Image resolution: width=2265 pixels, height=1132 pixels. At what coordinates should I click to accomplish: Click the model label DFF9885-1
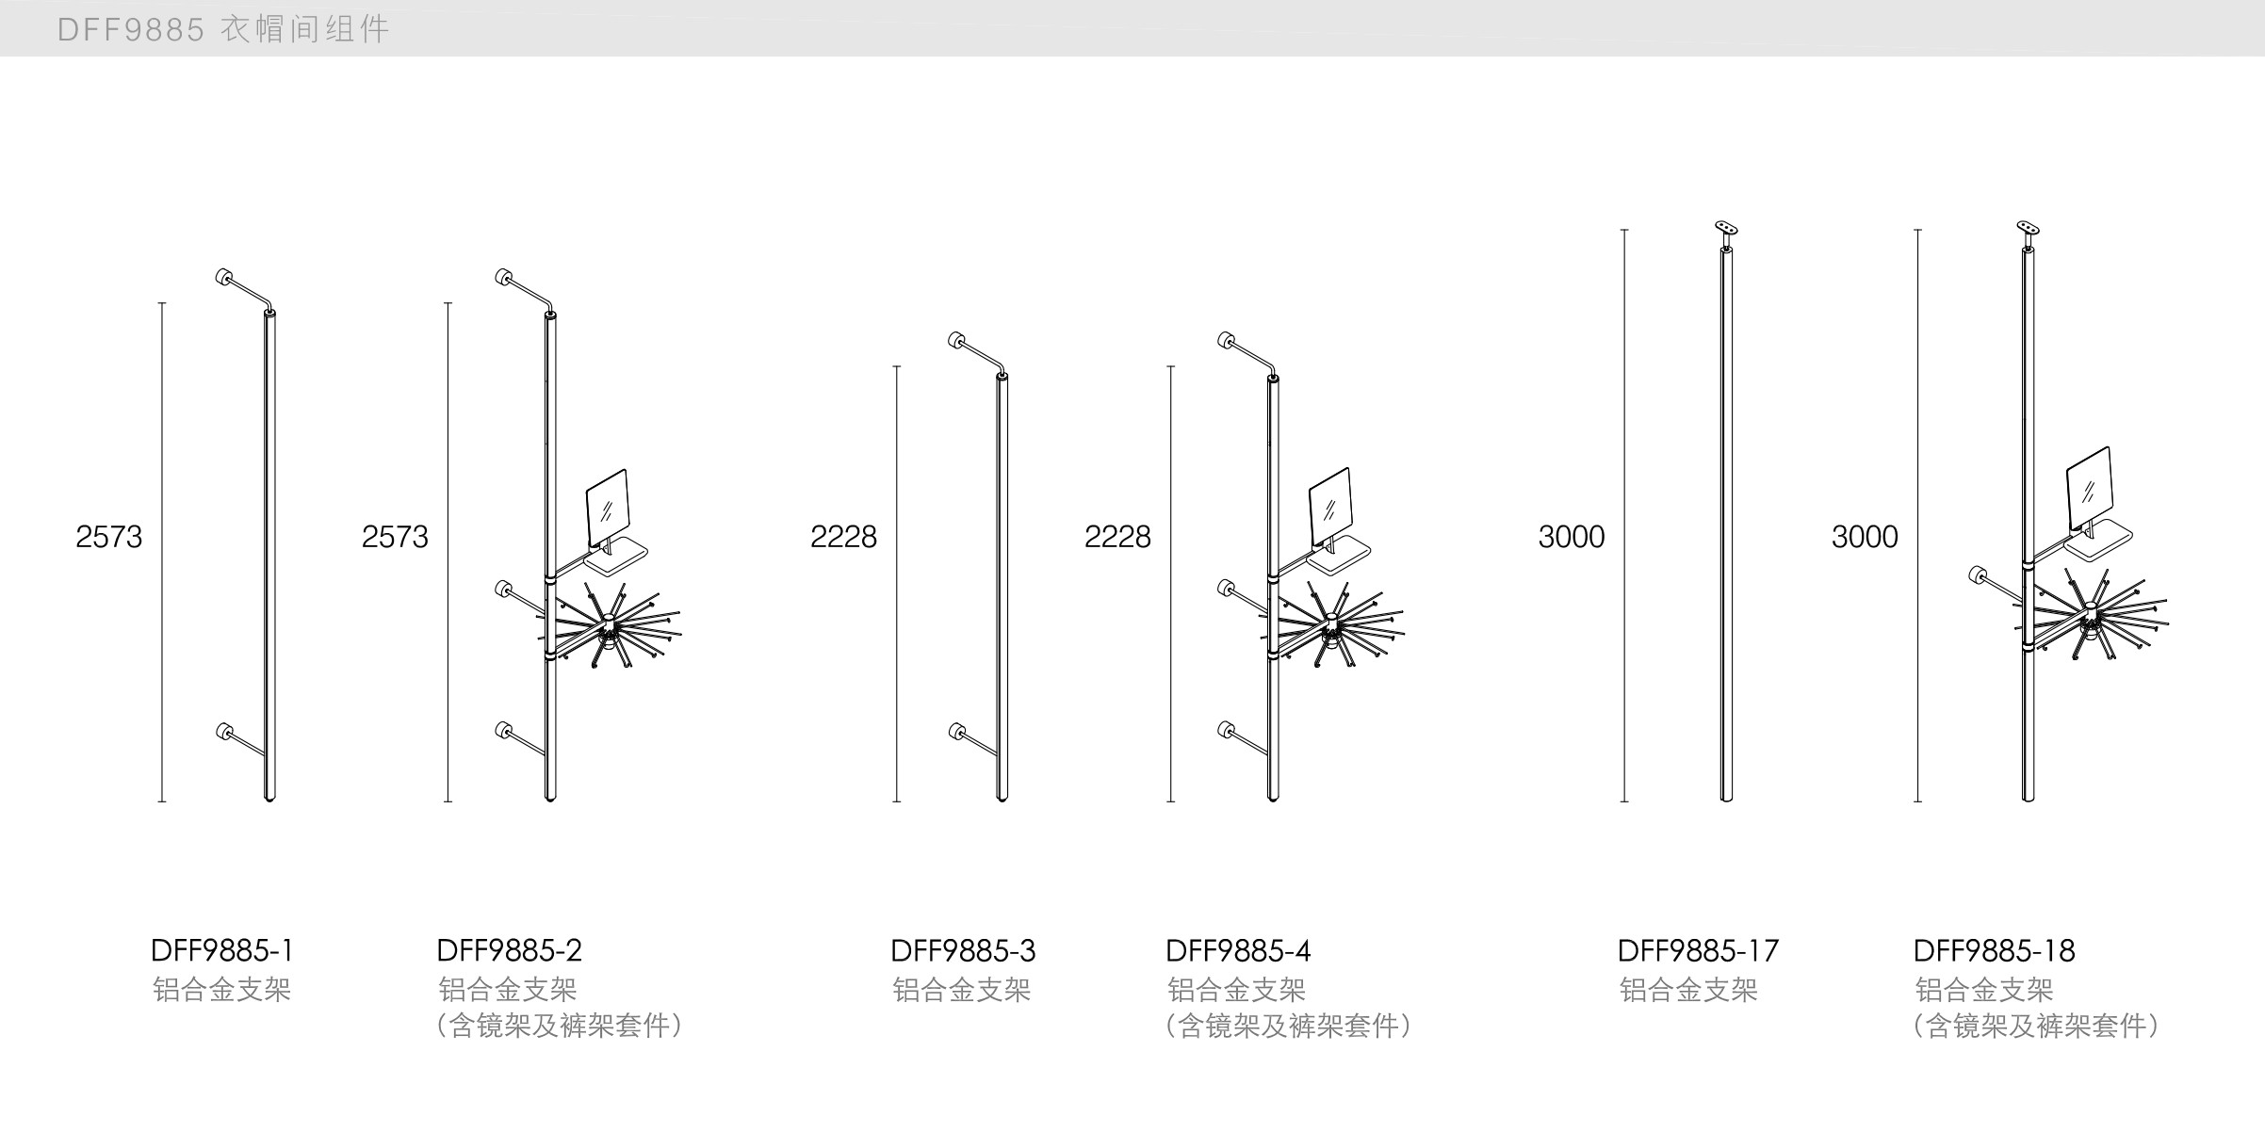coord(222,950)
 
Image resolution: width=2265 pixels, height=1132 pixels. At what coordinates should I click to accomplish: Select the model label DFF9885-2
coord(509,950)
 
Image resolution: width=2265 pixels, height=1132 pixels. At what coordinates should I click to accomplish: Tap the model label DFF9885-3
coord(963,950)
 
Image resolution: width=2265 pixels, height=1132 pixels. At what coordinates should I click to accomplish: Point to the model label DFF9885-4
coord(1238,950)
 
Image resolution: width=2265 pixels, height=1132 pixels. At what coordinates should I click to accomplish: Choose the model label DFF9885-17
coord(1698,950)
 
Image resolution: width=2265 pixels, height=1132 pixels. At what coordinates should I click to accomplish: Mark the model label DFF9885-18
coord(1994,950)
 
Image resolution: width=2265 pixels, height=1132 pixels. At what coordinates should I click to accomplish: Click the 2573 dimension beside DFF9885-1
coord(108,537)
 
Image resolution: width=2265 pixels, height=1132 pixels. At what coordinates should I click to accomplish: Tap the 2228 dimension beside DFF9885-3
coord(843,537)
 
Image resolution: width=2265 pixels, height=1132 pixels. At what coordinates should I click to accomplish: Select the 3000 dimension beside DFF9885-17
coord(1571,537)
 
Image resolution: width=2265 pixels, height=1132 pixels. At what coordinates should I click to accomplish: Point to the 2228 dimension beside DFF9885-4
coord(1117,537)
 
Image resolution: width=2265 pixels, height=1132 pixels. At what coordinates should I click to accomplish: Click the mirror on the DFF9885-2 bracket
coord(607,509)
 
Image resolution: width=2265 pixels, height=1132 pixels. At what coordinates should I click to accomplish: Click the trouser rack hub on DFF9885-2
coord(610,623)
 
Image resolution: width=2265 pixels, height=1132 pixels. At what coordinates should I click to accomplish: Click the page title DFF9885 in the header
coord(130,30)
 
